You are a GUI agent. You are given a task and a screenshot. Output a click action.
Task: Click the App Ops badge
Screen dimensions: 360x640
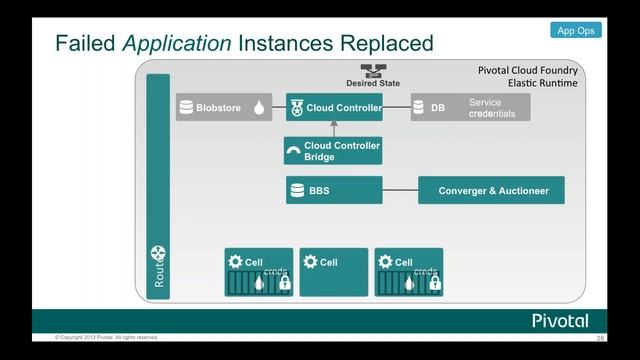[575, 31]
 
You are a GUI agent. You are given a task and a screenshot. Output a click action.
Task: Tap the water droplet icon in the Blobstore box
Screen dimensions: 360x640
[259, 108]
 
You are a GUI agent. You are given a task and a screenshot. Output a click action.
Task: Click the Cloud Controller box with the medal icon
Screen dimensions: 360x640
[334, 107]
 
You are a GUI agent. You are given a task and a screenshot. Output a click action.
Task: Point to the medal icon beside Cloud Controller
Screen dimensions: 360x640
[295, 107]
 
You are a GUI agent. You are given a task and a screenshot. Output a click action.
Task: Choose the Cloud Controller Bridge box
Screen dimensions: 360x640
[334, 151]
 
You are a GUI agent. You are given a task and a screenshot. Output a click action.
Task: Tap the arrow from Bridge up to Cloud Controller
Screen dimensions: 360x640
[334, 129]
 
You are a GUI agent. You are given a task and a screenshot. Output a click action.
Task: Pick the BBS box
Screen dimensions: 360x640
[334, 190]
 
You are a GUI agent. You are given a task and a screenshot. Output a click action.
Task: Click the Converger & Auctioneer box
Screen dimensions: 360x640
[491, 190]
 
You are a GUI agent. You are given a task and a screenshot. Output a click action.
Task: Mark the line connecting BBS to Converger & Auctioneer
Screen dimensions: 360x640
[400, 190]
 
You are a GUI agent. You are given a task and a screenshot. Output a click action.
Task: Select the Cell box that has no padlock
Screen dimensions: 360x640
[334, 272]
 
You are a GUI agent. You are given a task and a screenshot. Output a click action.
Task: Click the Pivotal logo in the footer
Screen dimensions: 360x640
[559, 321]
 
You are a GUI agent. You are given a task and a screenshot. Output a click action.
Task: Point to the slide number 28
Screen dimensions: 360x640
[600, 339]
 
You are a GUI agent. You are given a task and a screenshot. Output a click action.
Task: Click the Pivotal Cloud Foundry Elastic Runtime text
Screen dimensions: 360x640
[528, 77]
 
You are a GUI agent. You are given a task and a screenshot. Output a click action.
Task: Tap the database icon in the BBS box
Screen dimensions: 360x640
[297, 190]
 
